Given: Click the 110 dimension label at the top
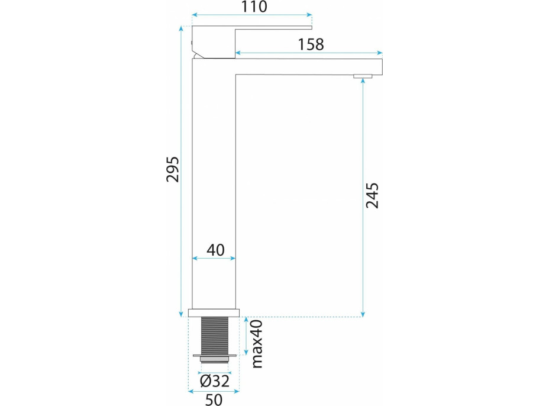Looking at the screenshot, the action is point(254,7).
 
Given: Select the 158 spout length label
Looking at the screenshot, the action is point(311,44).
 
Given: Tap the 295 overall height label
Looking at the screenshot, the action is point(172,169).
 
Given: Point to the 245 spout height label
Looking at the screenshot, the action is point(372,195).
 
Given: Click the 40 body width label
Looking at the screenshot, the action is point(215,250).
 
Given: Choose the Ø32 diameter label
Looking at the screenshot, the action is point(215,381).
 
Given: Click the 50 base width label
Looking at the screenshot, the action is point(214,399).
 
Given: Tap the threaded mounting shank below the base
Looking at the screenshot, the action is point(215,336).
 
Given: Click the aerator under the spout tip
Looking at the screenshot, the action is point(363,76).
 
